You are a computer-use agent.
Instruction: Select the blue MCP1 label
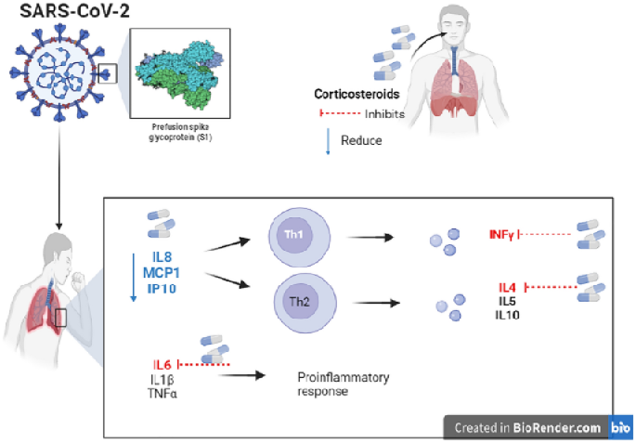[164, 271]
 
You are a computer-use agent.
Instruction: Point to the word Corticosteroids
[357, 95]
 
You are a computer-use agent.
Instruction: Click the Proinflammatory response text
[330, 384]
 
